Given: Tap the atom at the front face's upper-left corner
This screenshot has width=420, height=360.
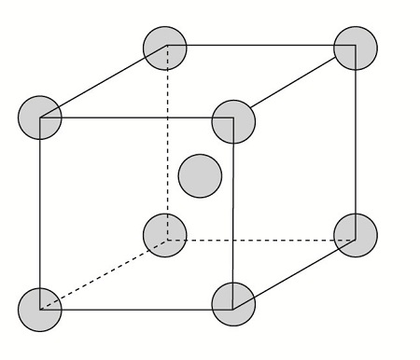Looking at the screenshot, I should [40, 118].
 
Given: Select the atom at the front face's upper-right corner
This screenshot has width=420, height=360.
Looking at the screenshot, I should [233, 119].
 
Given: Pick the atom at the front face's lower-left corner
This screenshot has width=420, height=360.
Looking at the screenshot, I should [40, 309].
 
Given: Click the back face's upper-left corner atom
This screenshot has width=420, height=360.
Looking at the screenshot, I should [166, 46].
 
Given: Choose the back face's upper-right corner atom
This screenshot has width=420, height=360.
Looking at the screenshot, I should [356, 46].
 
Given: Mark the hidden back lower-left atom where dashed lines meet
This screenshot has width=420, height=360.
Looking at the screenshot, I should [165, 236].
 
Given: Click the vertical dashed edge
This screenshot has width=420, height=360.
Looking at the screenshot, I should [167, 140].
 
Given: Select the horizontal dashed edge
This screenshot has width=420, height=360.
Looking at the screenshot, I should [261, 239].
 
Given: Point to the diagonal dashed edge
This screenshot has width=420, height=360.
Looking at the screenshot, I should [103, 272].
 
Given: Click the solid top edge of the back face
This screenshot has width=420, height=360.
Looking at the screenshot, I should [261, 44].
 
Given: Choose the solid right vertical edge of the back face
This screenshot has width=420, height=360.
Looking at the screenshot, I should [356, 140].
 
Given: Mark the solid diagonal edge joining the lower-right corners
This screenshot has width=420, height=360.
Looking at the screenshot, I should [295, 269].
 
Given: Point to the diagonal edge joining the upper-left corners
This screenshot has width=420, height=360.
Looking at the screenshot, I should [103, 81].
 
